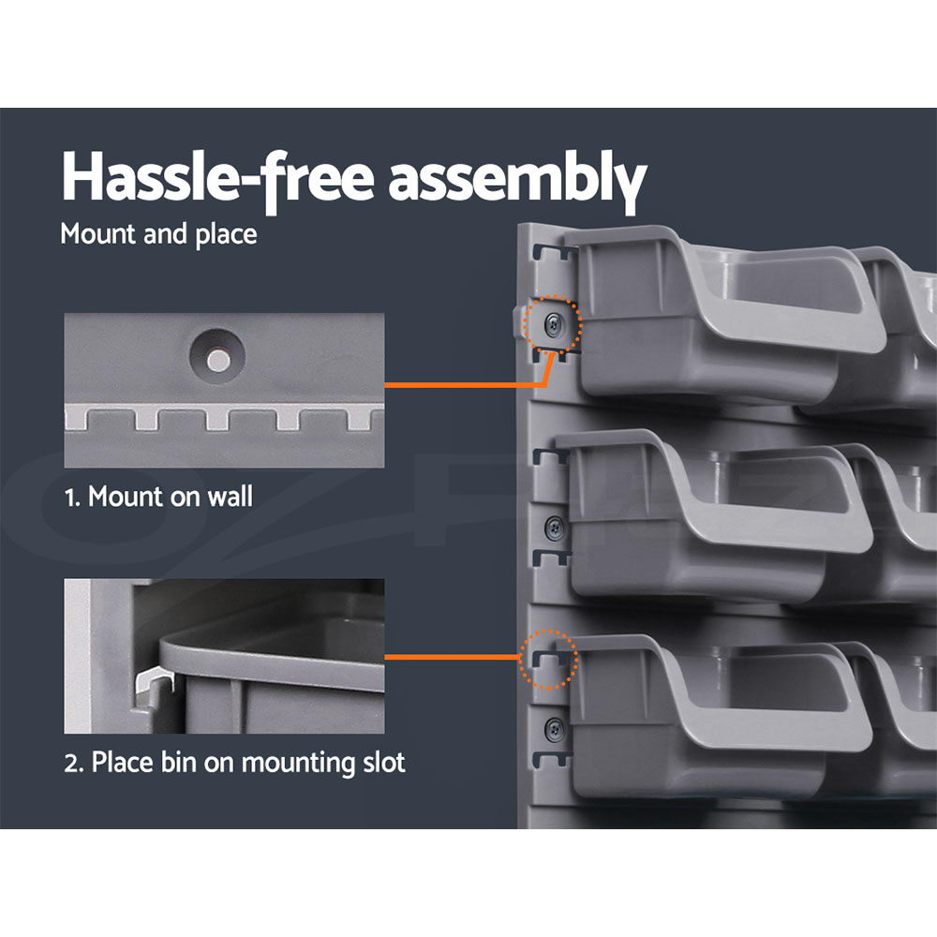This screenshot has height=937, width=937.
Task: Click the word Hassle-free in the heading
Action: [218, 177]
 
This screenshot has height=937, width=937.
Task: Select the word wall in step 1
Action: [231, 497]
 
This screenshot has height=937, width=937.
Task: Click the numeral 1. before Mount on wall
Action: [72, 498]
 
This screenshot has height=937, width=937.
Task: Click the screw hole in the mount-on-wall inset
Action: [217, 358]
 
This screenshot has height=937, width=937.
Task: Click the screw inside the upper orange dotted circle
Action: [554, 325]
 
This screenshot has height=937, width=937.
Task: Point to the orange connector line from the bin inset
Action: [453, 657]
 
